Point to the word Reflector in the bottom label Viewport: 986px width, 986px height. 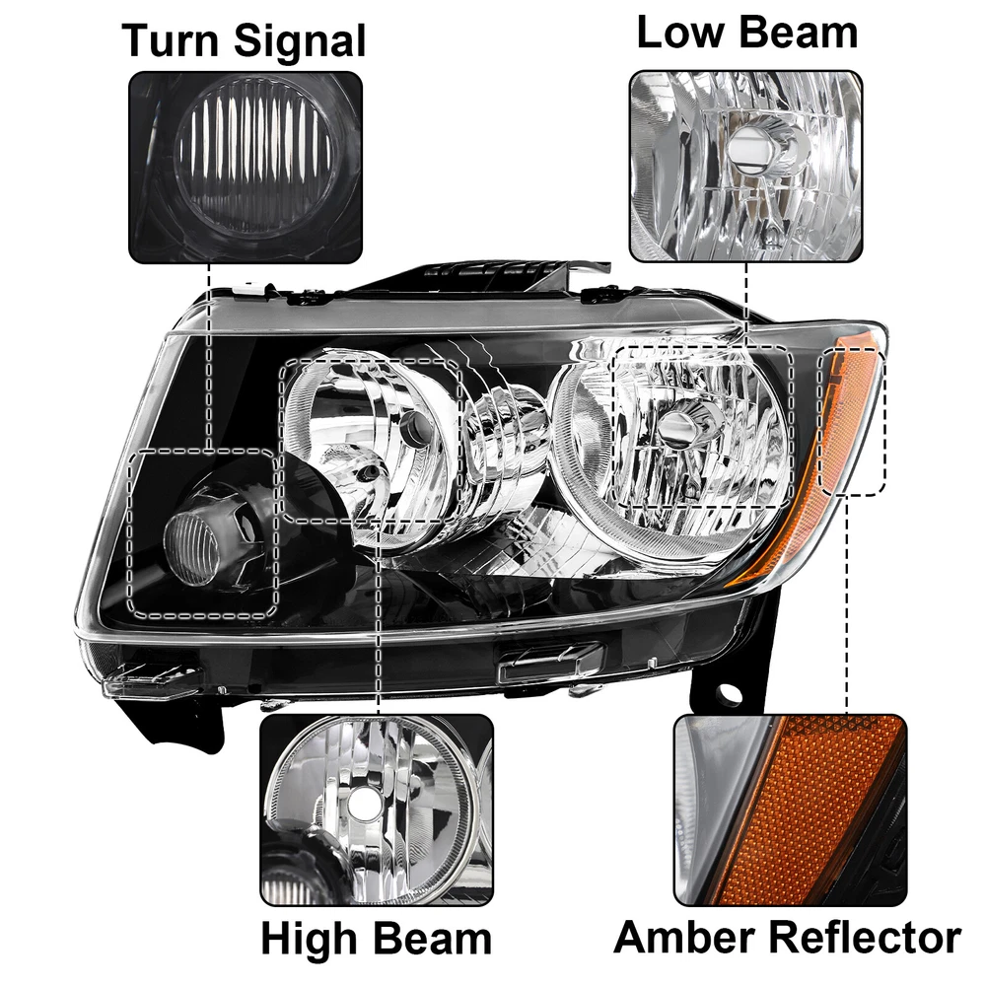point(866,938)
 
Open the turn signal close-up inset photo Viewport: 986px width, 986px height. point(246,167)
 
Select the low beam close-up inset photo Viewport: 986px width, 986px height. point(745,166)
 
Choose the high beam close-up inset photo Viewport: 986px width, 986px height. point(377,810)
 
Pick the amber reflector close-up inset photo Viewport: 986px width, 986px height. point(790,810)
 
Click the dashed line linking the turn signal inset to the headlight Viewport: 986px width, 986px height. point(208,356)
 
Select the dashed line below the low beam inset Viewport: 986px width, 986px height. point(746,305)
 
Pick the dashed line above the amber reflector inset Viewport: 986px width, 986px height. point(847,604)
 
